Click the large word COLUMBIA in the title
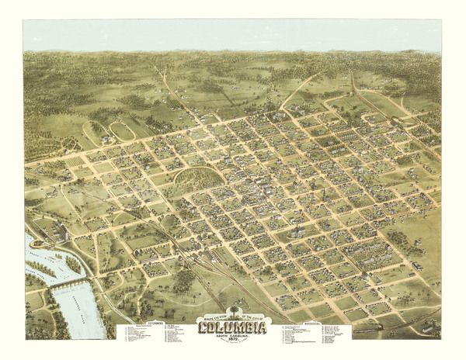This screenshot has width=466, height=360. click(232, 327)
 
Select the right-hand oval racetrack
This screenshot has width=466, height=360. click(121, 130)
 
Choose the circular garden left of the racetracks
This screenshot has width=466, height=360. click(68, 144)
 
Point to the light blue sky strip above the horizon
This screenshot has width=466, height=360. click(233, 36)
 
